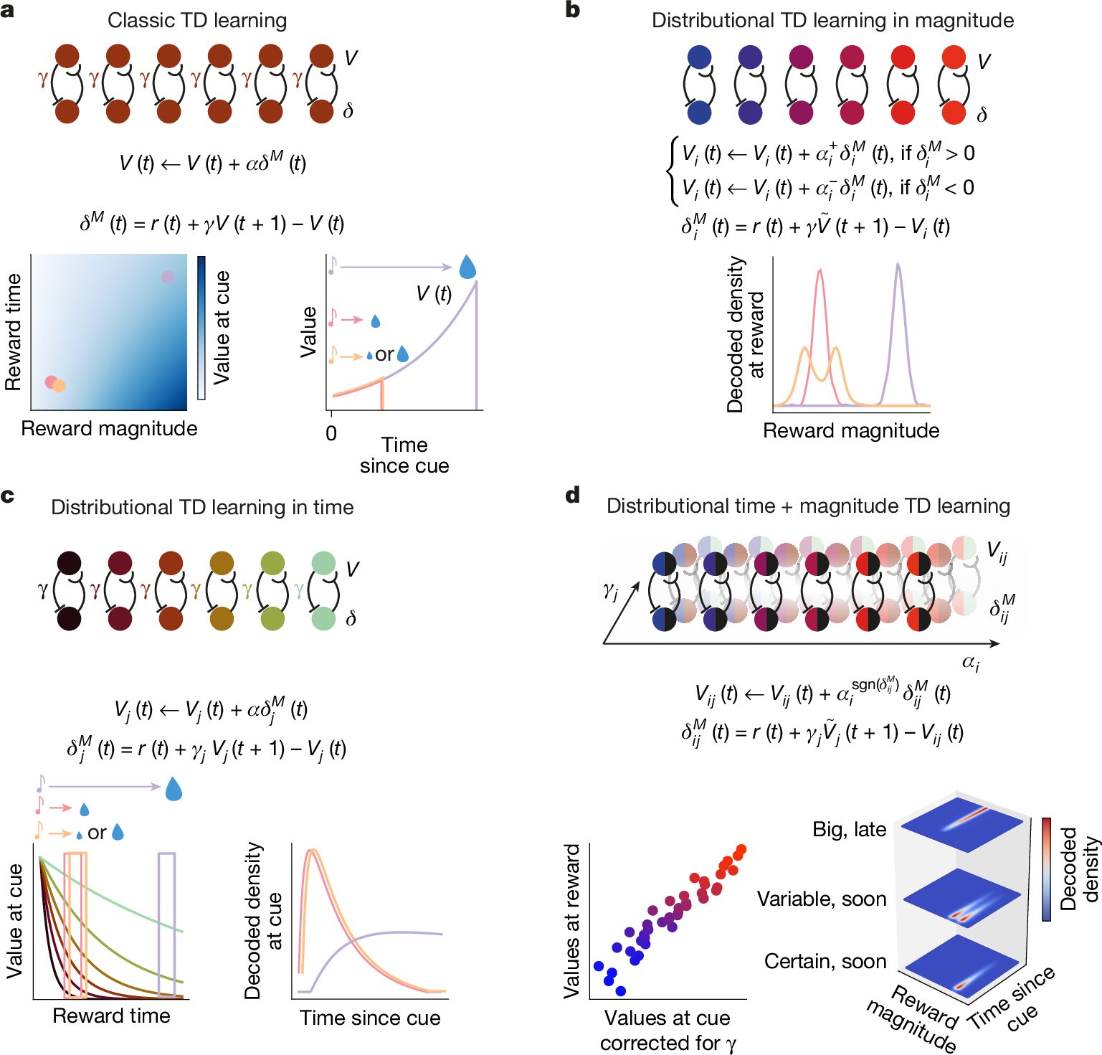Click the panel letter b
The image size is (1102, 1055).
coord(572,11)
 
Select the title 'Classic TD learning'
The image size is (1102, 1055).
coord(197,20)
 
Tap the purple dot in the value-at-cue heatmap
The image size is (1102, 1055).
coord(167,277)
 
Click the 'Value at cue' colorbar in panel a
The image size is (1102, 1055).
coord(201,327)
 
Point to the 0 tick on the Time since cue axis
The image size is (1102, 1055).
coord(331,433)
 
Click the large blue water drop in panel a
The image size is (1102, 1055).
coord(467,267)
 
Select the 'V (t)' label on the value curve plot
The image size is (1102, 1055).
coord(434,293)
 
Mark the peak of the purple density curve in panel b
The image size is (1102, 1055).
coord(898,265)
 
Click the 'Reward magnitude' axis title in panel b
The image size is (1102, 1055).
coord(850,430)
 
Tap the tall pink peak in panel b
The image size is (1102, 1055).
coord(820,271)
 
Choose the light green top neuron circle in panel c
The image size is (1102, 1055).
coord(323,563)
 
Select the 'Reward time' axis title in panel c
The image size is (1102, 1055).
coord(111,1016)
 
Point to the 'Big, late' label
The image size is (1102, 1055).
coord(849,829)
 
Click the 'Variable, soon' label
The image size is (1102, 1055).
coord(822,899)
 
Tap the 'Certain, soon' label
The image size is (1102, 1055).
coord(825,961)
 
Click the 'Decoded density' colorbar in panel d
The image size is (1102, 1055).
coord(1046,869)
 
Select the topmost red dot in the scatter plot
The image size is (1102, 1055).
coord(741,850)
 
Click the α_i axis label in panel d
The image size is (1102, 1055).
coord(970,662)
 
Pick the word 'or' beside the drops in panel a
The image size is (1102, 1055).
coord(384,354)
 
